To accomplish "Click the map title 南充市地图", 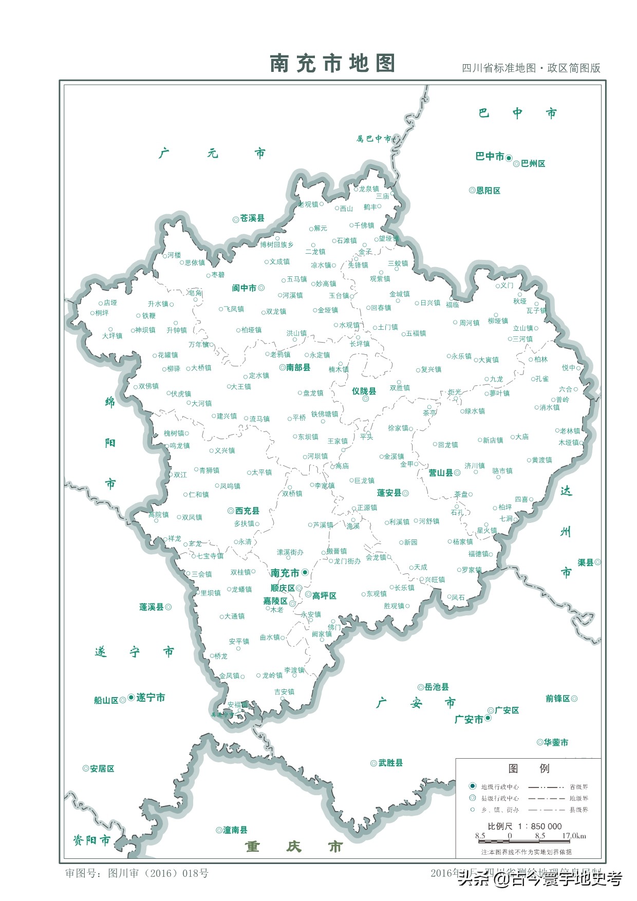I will click(332, 64).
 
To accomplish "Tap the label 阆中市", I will click(244, 288).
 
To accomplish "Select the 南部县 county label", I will click(298, 367).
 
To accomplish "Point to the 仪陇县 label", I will click(364, 391).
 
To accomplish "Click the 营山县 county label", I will click(441, 473).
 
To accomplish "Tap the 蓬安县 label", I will click(389, 493).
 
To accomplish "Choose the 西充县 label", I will click(247, 511).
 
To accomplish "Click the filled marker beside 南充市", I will click(305, 572).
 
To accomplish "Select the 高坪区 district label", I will click(324, 596).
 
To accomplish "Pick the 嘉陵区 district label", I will click(275, 601).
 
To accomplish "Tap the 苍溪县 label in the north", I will click(252, 218).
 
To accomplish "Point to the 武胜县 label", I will click(390, 763).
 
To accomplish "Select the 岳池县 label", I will click(437, 687).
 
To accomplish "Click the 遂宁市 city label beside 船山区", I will click(151, 698).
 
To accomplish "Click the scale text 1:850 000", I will click(539, 827).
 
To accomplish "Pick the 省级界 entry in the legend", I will click(578, 787).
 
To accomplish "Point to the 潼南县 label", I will click(235, 830).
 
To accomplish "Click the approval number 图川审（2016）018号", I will click(158, 873).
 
